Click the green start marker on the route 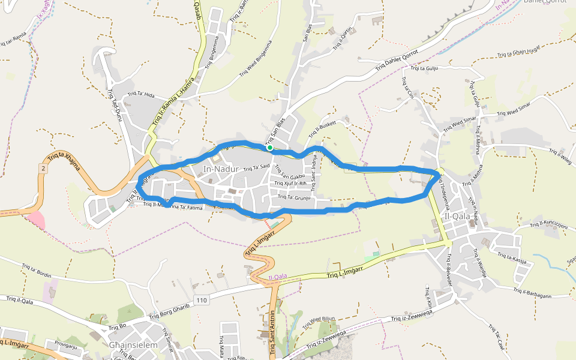(x=270, y=148)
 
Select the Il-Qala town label (x=458, y=217)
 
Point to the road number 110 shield (x=201, y=299)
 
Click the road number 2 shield (x=43, y=169)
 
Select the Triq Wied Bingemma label (x=256, y=58)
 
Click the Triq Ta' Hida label (x=141, y=95)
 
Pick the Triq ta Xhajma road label (x=64, y=162)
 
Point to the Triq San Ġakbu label (x=289, y=176)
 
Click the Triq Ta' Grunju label (x=293, y=197)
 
